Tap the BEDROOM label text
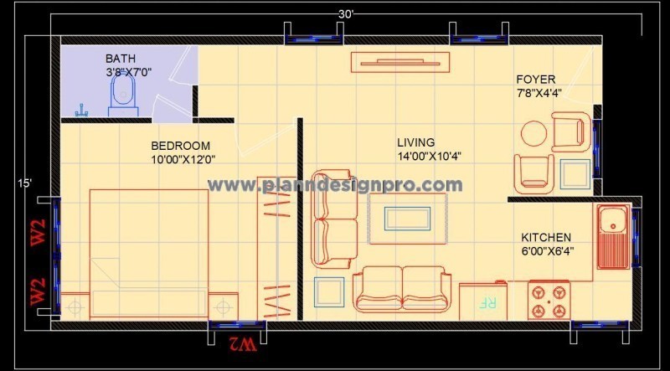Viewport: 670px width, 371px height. (x=180, y=145)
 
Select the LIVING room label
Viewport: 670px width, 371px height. (x=416, y=142)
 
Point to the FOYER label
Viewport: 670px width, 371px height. (x=535, y=80)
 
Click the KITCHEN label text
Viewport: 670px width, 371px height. (x=546, y=238)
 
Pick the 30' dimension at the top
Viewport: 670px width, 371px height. (x=346, y=14)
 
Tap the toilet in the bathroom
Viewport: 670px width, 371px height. (x=124, y=101)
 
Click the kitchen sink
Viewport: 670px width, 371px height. (x=613, y=223)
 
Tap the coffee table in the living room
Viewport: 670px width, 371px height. (x=407, y=218)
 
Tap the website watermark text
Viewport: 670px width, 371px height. (x=335, y=185)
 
